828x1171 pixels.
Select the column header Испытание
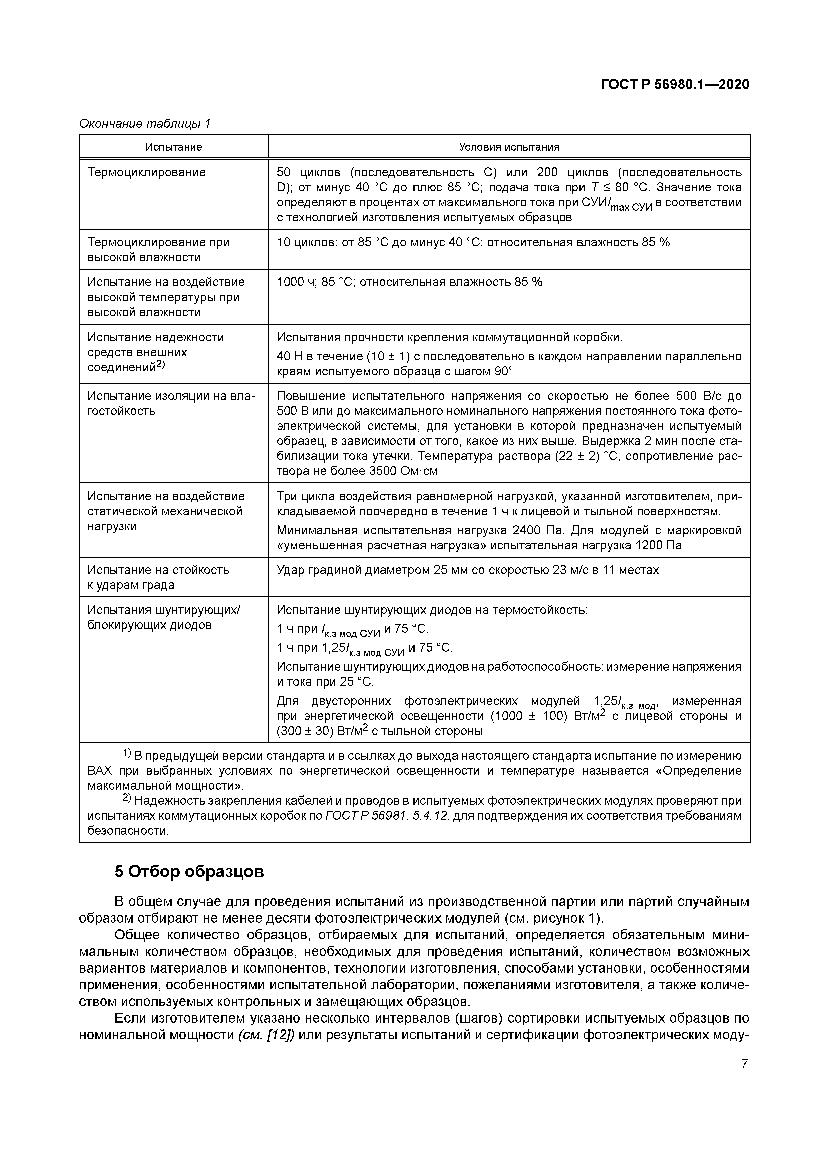(x=173, y=147)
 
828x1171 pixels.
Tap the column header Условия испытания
(x=509, y=147)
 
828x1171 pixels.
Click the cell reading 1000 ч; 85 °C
(x=409, y=282)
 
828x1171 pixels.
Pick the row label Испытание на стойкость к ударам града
(x=158, y=577)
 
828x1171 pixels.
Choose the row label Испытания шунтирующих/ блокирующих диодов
(x=163, y=618)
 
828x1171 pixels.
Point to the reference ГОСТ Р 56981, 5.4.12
(x=387, y=815)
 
